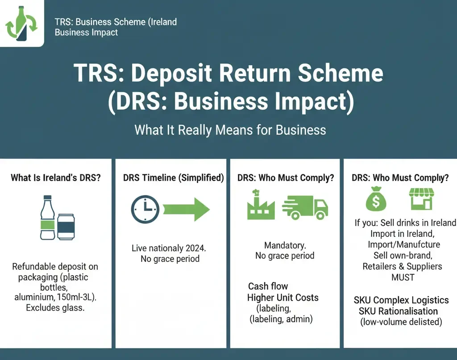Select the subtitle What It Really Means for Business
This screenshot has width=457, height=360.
coord(230,130)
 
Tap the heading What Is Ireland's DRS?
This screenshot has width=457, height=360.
coord(56,178)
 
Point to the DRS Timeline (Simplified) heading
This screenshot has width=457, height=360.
coord(173,178)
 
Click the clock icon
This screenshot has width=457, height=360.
coord(145,208)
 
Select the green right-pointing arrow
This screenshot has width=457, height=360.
coord(186,208)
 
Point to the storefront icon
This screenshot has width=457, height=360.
coord(421,199)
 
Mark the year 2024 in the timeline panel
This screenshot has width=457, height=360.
coord(193,248)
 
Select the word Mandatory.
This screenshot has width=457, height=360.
coord(285,245)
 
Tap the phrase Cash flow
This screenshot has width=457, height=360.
coord(268,286)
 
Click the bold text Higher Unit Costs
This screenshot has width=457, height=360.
coord(283,298)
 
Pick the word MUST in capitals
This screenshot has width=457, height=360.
coord(403,277)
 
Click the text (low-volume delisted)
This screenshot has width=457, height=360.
coord(401,322)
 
